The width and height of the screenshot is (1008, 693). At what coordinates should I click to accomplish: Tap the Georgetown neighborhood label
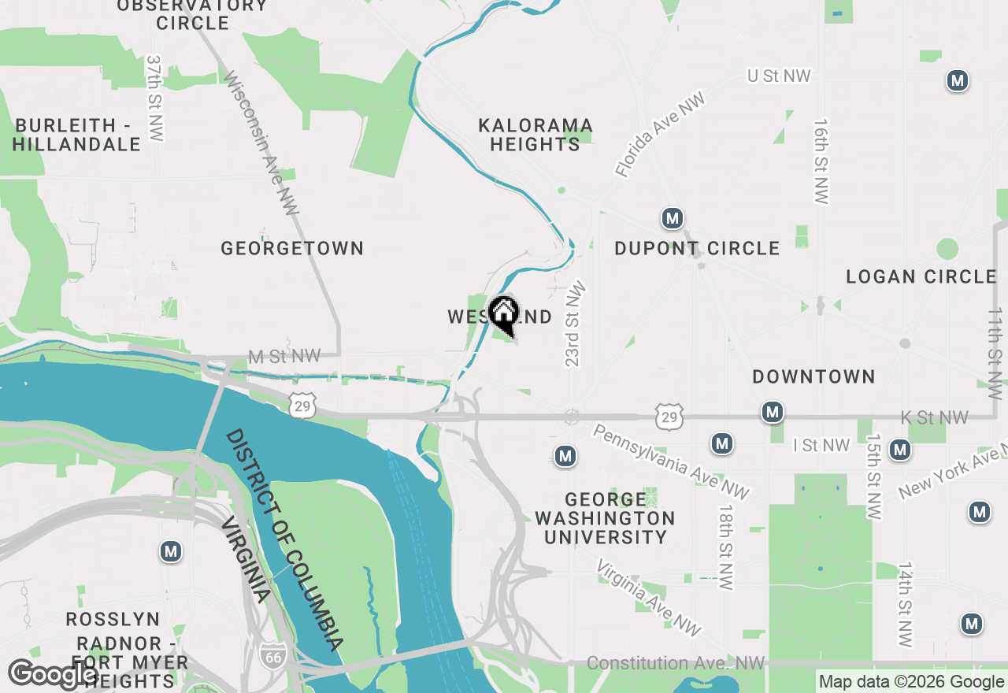[x=292, y=249]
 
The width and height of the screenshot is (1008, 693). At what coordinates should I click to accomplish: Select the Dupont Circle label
[x=697, y=249]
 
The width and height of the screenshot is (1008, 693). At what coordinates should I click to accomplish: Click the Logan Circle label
[x=921, y=277]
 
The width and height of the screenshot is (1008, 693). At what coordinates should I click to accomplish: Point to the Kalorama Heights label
[x=535, y=135]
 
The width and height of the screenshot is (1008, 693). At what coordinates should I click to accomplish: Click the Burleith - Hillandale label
[x=76, y=135]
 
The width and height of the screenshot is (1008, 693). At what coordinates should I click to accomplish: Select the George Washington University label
[x=605, y=519]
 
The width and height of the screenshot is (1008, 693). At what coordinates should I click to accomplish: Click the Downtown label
[x=813, y=377]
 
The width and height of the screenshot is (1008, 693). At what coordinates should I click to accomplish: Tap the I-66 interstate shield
[x=274, y=660]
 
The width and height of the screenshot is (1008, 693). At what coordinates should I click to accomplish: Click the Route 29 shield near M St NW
[x=302, y=406]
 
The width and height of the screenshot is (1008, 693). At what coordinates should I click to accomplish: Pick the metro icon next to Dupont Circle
[x=672, y=218]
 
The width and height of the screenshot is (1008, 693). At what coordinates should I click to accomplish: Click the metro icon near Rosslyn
[x=171, y=551]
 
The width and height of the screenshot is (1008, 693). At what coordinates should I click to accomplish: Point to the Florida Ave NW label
[x=660, y=135]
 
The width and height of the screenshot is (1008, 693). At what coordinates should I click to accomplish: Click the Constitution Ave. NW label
[x=676, y=664]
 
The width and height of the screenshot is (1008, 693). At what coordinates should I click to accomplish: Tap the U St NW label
[x=779, y=76]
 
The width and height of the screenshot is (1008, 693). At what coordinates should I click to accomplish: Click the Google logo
[x=54, y=675]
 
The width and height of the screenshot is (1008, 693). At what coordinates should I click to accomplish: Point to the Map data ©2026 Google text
[x=911, y=682]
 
